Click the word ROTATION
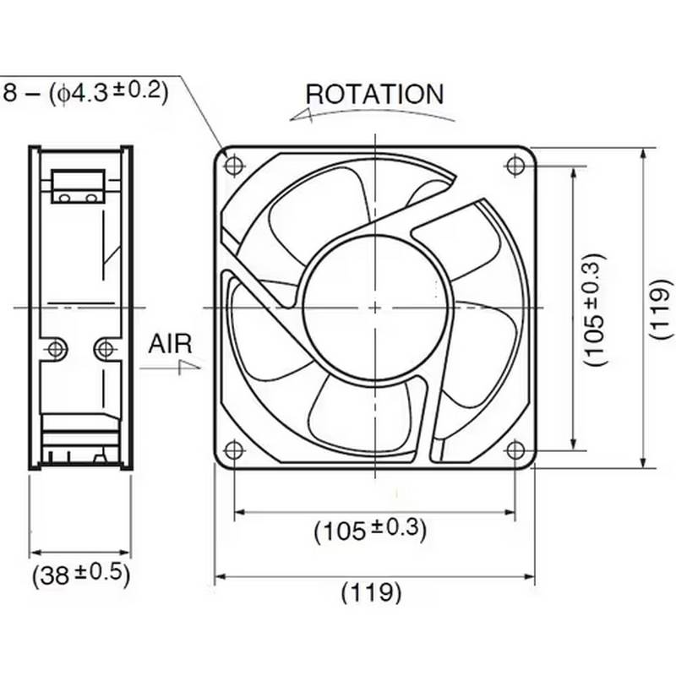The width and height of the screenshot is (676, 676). (373, 94)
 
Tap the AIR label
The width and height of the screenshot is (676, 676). (171, 344)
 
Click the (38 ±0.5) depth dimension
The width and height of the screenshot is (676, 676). (81, 575)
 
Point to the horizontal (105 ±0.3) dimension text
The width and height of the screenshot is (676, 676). (370, 530)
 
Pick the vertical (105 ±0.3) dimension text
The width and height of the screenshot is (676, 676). (596, 308)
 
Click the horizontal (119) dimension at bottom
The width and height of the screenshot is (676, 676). (372, 592)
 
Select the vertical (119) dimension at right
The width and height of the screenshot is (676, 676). (662, 308)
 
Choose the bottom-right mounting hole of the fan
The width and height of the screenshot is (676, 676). (514, 448)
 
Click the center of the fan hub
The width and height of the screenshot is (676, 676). (373, 307)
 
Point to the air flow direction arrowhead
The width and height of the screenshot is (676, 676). (193, 366)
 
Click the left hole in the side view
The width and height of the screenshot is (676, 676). (57, 347)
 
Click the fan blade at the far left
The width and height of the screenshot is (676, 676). (253, 330)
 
